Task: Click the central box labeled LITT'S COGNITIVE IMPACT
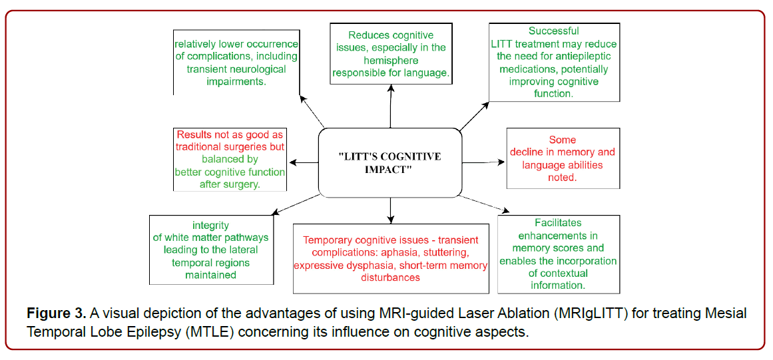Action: [389, 162]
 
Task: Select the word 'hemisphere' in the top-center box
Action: [390, 61]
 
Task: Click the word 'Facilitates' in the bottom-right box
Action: [557, 224]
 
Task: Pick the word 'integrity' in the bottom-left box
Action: [210, 226]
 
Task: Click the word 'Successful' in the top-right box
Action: [553, 31]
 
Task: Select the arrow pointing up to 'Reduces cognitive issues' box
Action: [390, 106]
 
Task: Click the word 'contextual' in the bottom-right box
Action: [557, 273]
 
